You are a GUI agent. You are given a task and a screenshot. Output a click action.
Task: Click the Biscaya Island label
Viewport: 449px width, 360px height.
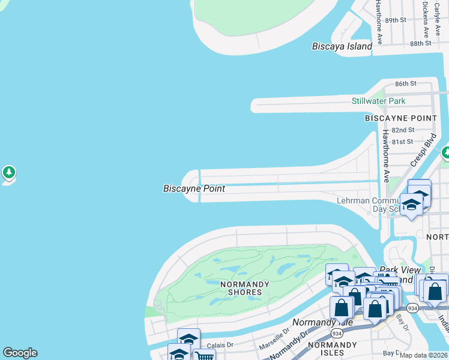(x=342, y=46)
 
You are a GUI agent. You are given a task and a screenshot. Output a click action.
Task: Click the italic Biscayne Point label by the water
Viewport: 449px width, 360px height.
(x=194, y=188)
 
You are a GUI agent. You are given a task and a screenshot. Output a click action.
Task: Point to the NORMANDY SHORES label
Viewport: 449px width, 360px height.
(x=241, y=287)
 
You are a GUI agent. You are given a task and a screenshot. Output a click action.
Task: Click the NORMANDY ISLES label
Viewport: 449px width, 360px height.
(x=333, y=349)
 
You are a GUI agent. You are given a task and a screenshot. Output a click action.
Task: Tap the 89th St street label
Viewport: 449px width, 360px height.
(x=396, y=20)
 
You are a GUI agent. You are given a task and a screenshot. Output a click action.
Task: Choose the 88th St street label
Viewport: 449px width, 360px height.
(x=421, y=43)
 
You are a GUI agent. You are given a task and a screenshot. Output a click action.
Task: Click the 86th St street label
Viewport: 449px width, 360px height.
(x=405, y=83)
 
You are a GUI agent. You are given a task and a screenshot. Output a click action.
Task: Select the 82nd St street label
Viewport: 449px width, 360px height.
(x=403, y=130)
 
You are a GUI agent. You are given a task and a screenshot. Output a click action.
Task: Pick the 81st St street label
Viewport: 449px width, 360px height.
(x=402, y=142)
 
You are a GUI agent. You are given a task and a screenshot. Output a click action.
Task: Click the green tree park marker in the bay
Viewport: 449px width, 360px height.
(x=8, y=173)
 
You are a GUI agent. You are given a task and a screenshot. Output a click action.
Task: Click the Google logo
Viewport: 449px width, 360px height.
(x=20, y=353)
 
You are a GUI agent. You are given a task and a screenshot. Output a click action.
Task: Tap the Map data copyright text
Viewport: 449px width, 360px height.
(x=424, y=355)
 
